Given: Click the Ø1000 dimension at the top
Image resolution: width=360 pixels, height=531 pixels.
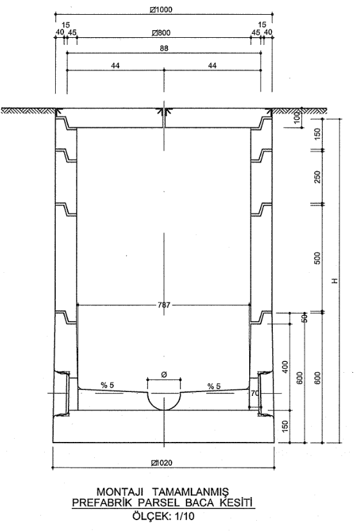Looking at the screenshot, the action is (161, 10).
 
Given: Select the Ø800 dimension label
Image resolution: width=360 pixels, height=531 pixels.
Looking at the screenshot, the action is (161, 33).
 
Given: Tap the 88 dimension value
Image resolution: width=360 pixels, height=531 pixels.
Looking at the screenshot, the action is (164, 49).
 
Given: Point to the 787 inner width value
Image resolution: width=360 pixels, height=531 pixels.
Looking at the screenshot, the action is (164, 305).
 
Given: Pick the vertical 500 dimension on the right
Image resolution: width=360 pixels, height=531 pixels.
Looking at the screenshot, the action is (317, 258).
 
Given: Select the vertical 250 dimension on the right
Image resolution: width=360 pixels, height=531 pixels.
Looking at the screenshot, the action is (317, 177).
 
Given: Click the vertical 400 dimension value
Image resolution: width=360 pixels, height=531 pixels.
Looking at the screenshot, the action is (285, 368).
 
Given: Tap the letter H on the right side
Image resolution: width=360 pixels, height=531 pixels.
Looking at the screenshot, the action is (335, 281).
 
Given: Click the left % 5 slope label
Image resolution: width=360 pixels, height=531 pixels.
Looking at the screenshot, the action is (108, 385).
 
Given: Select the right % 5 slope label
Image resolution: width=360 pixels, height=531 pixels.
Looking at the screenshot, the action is (214, 386).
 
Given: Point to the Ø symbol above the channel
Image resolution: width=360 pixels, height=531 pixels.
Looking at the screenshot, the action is (164, 375).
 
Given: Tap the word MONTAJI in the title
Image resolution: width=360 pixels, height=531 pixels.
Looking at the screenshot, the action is (120, 491).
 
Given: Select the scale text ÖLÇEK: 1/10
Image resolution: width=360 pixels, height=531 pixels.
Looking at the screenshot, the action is (163, 516).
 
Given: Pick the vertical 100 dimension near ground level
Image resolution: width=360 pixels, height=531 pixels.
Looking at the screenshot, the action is (297, 117).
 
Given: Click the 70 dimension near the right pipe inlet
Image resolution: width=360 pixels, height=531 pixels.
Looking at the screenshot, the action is (255, 393).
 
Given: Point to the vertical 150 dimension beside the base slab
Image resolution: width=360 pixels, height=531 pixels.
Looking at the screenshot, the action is (285, 427).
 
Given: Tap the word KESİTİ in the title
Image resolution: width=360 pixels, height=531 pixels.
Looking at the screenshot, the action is (237, 503).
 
